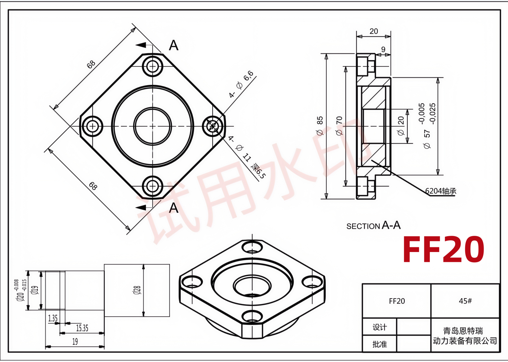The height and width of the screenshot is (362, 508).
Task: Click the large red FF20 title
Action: tap(443, 249)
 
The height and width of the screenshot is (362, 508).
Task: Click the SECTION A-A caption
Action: tap(374, 225)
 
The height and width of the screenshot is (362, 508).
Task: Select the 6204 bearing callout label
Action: tap(441, 191)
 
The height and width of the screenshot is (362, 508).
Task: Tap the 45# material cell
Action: tap(465, 301)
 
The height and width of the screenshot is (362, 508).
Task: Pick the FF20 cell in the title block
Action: tap(397, 301)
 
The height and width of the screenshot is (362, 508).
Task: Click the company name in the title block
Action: tap(465, 336)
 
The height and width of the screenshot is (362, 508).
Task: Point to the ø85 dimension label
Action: tap(320, 126)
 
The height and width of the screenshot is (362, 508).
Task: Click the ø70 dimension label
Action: tap(339, 126)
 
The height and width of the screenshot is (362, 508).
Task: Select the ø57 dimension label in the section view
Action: tap(427, 139)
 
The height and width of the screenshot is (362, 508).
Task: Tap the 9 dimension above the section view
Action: tap(383, 49)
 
